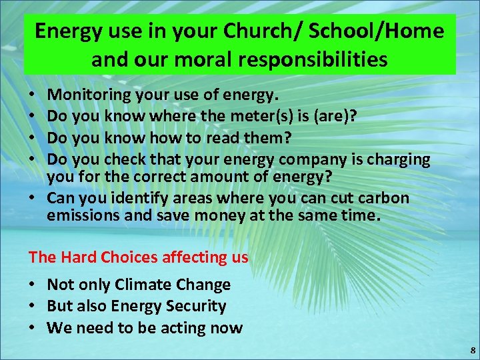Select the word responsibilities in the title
click(x=317, y=60)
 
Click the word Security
click(x=193, y=306)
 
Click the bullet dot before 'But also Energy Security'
click(x=33, y=306)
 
